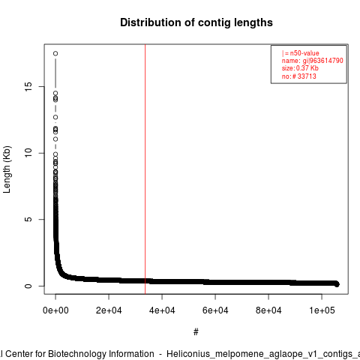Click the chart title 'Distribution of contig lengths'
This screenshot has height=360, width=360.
[x=196, y=22]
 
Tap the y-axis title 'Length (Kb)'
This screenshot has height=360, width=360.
[x=7, y=169]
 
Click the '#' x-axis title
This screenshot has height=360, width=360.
[x=196, y=331]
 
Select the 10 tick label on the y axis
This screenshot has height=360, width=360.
[x=28, y=153]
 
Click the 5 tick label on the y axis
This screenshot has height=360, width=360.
[x=28, y=219]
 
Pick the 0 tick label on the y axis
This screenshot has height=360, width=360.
[x=28, y=286]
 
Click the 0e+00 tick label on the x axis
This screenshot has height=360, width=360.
[x=55, y=310]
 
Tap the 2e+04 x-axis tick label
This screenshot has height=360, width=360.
[x=109, y=310]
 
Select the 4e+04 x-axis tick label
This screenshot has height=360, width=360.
[x=162, y=310]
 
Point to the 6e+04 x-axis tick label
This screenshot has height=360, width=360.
[x=215, y=310]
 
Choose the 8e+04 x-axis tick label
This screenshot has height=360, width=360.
[x=268, y=310]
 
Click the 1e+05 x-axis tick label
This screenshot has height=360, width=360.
[x=322, y=310]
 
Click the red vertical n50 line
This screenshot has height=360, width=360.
[x=145, y=169]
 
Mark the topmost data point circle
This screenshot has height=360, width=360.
[x=55, y=53]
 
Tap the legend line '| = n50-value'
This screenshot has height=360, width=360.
[x=300, y=53]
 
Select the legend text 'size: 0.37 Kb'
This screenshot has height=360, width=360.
[x=300, y=68]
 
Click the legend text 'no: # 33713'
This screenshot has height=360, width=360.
[x=298, y=76]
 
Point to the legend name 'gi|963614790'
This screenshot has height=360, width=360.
[x=323, y=61]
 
